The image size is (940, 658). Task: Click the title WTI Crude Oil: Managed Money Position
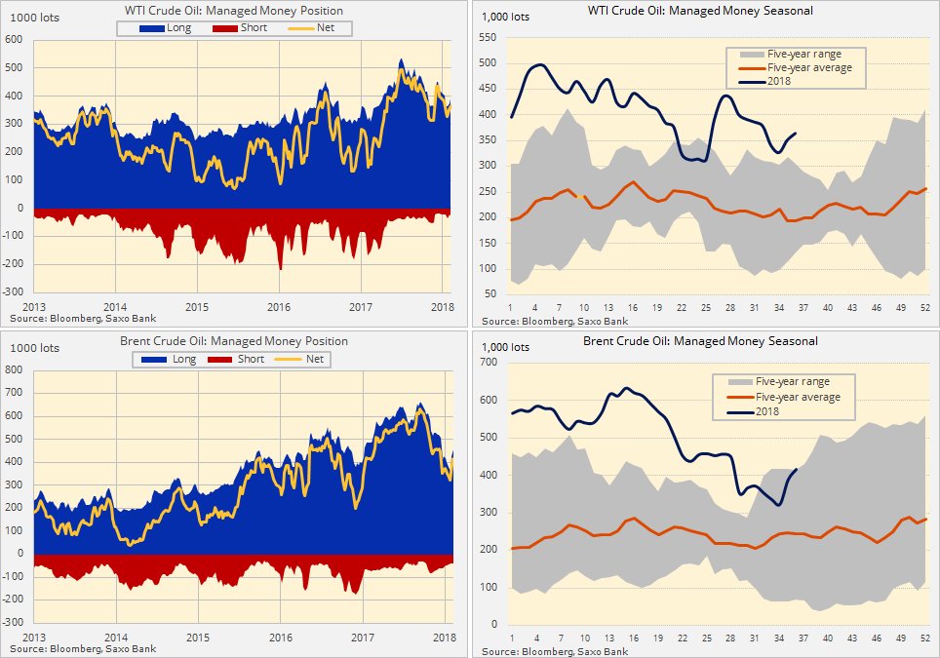coord(234,11)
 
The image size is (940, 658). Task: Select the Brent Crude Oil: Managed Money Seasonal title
coord(700,341)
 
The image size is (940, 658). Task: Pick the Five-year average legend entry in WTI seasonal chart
coord(809,67)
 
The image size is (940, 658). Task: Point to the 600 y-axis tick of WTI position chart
coord(14,40)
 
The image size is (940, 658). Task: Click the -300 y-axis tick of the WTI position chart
coord(12,292)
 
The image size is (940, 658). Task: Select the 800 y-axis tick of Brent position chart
coord(14,370)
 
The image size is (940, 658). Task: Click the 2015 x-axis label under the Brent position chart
coord(198,637)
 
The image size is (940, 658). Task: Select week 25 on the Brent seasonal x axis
coord(706,638)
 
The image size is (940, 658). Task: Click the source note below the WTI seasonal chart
coord(554,320)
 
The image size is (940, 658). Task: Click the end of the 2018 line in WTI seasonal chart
coord(796,134)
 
